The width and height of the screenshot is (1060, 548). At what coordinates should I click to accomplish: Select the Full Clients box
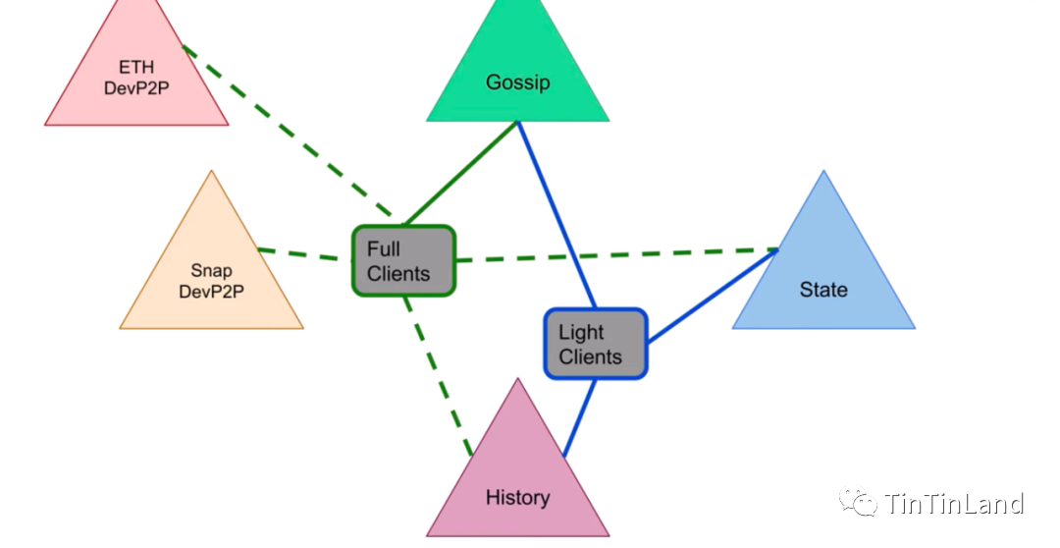(x=403, y=260)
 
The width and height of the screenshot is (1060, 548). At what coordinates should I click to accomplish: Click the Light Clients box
(x=595, y=344)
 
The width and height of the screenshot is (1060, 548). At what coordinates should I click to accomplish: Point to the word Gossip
(x=517, y=82)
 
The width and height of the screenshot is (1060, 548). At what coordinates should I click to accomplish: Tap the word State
(x=823, y=290)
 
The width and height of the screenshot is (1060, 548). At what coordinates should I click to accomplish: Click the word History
(x=517, y=498)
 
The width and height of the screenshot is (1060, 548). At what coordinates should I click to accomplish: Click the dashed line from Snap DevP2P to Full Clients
(x=304, y=254)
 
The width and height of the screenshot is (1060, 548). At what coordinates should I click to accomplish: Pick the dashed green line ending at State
(x=618, y=255)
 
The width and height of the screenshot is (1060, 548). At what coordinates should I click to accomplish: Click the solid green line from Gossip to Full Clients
(x=461, y=172)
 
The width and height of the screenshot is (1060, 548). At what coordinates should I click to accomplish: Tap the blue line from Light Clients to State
(x=712, y=295)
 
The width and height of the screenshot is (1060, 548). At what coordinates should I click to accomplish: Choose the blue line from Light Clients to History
(x=580, y=417)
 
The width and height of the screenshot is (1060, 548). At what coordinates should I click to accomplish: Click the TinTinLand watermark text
(x=954, y=505)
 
